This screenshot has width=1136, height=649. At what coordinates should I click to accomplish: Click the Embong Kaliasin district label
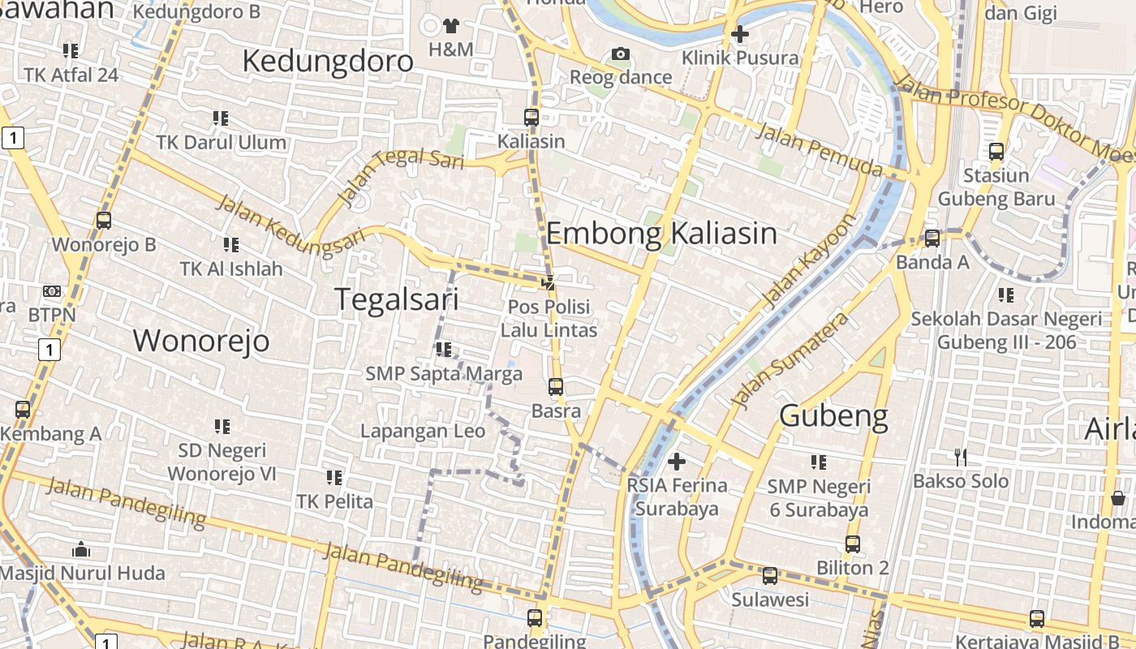661,234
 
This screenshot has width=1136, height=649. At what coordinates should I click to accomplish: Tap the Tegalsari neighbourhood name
397,299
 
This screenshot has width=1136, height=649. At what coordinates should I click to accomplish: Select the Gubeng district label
833,415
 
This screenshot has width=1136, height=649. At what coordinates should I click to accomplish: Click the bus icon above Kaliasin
531,118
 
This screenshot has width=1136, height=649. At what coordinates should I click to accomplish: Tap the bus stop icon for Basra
556,387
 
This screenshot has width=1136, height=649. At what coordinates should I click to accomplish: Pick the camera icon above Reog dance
621,54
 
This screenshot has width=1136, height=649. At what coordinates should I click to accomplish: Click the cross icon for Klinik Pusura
739,34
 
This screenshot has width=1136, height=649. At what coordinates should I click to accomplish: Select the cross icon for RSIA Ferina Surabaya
676,462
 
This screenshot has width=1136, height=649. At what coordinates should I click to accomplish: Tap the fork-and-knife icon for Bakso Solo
961,458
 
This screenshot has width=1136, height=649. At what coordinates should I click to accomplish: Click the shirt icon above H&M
451,26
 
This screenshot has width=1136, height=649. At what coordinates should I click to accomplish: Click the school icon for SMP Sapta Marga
443,350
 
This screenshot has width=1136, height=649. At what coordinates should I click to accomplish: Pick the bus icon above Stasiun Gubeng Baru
996,152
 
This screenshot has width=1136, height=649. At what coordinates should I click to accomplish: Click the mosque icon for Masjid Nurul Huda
80,549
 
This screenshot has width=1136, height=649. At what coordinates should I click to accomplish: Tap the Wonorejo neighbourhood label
201,341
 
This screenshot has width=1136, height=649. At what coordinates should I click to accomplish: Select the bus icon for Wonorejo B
104,221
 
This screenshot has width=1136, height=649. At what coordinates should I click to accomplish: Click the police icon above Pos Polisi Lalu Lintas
549,283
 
